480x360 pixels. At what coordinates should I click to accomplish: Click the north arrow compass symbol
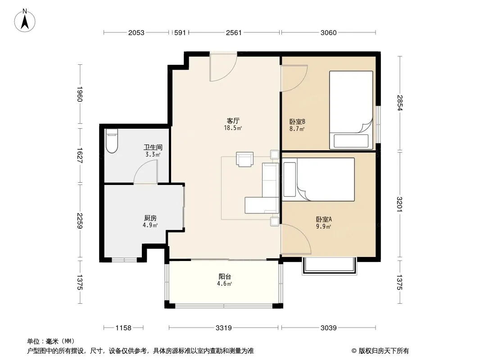[x=25, y=21]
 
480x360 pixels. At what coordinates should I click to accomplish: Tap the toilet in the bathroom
[x=112, y=141]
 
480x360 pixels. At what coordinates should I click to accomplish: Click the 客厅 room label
[x=233, y=121]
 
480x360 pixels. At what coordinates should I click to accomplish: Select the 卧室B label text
[x=297, y=122]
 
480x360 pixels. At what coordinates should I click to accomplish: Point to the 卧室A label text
[x=324, y=219]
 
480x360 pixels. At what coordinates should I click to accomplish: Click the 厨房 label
[x=150, y=218]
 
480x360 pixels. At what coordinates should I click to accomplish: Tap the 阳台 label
[x=225, y=276]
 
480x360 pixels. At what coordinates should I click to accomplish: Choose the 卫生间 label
[x=153, y=148]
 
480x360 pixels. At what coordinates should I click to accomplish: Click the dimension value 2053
[x=136, y=33]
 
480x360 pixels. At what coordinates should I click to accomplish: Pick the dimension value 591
[x=180, y=33]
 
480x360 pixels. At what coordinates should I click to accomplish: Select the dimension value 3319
[x=224, y=328]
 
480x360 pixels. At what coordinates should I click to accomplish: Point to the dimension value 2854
[x=400, y=103]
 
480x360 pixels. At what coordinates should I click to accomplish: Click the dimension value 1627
[x=80, y=155]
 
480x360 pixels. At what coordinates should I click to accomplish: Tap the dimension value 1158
[x=123, y=328]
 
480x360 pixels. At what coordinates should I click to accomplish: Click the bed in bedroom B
[x=351, y=110]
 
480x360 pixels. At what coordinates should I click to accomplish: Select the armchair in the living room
[x=245, y=159]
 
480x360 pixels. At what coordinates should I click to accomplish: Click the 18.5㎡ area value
[x=233, y=128]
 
